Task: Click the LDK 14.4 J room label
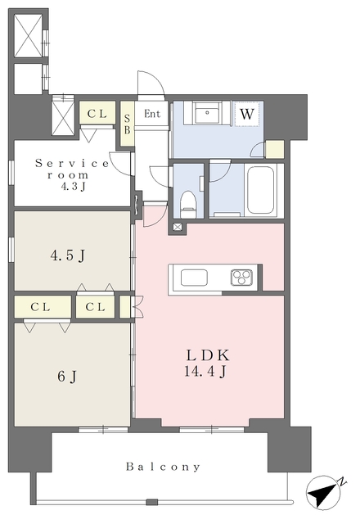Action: [x=207, y=364]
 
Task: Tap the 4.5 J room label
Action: [x=68, y=256]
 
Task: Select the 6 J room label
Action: [x=67, y=377]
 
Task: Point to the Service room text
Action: [x=72, y=169]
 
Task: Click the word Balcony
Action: [x=163, y=467]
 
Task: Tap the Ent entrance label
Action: [x=152, y=114]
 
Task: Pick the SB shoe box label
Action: [x=127, y=124]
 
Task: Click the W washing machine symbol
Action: [x=247, y=115]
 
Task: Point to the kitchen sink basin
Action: [x=194, y=278]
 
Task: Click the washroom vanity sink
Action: [x=207, y=113]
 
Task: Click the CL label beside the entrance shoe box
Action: [x=97, y=114]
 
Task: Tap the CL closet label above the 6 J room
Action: [x=40, y=307]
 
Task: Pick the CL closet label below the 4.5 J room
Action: [x=95, y=307]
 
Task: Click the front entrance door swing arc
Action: [x=157, y=78]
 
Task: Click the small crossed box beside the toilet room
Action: [x=178, y=228]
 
